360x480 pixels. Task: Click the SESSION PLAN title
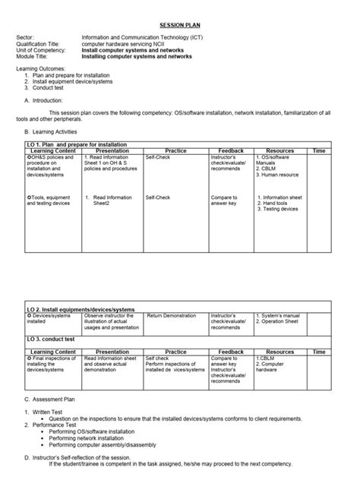click(x=179, y=24)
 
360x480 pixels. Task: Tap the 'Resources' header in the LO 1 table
click(x=280, y=151)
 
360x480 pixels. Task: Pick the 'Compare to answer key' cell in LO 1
click(x=225, y=201)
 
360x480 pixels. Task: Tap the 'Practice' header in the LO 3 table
click(x=175, y=352)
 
